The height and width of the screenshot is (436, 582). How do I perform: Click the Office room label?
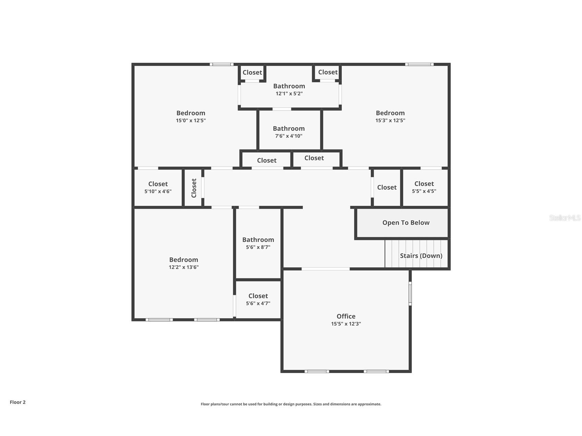click(346, 316)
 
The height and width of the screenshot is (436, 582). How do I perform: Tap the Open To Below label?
click(406, 223)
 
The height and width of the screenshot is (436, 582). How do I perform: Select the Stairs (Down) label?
click(421, 256)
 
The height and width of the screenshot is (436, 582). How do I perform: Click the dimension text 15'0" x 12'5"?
click(191, 121)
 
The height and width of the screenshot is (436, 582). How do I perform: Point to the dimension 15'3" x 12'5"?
click(390, 121)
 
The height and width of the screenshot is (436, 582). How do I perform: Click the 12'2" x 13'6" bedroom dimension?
click(183, 267)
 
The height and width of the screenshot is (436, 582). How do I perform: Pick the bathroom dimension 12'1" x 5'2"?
click(289, 94)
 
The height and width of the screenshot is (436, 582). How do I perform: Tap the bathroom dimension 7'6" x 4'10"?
click(289, 136)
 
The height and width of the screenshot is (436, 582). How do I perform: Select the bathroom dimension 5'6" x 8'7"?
click(258, 247)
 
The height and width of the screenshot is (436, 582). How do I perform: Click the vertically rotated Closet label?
click(194, 188)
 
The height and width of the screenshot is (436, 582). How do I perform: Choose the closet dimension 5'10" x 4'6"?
click(158, 192)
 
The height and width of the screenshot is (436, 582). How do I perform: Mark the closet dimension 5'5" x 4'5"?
click(424, 191)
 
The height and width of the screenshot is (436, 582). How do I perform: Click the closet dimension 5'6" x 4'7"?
click(258, 303)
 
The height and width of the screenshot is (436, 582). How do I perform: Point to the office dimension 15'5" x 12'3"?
click(346, 324)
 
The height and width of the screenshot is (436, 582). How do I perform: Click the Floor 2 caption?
click(17, 402)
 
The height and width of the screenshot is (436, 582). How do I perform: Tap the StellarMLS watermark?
click(565, 218)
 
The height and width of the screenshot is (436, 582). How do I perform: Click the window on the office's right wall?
click(410, 293)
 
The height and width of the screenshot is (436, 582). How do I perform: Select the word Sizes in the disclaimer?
click(318, 404)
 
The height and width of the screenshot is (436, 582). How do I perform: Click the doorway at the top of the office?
click(325, 269)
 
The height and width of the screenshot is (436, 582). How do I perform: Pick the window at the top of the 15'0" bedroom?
click(222, 64)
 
